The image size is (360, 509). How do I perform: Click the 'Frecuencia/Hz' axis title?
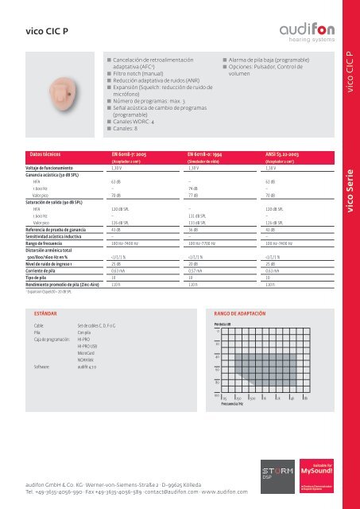(x=230, y=404)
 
